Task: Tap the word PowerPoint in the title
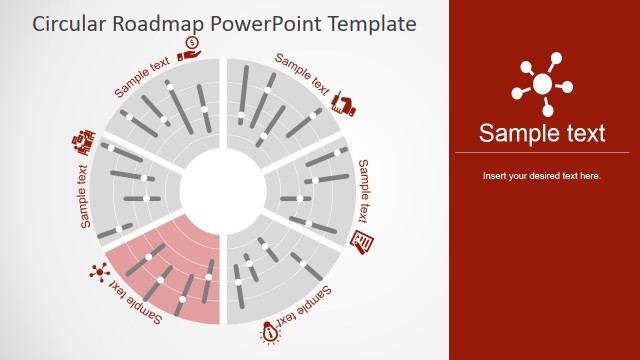tap(265, 23)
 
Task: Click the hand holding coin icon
tap(190, 48)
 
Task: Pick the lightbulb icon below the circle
tap(270, 333)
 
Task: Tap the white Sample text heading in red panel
tap(542, 133)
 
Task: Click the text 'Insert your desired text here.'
tap(542, 176)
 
